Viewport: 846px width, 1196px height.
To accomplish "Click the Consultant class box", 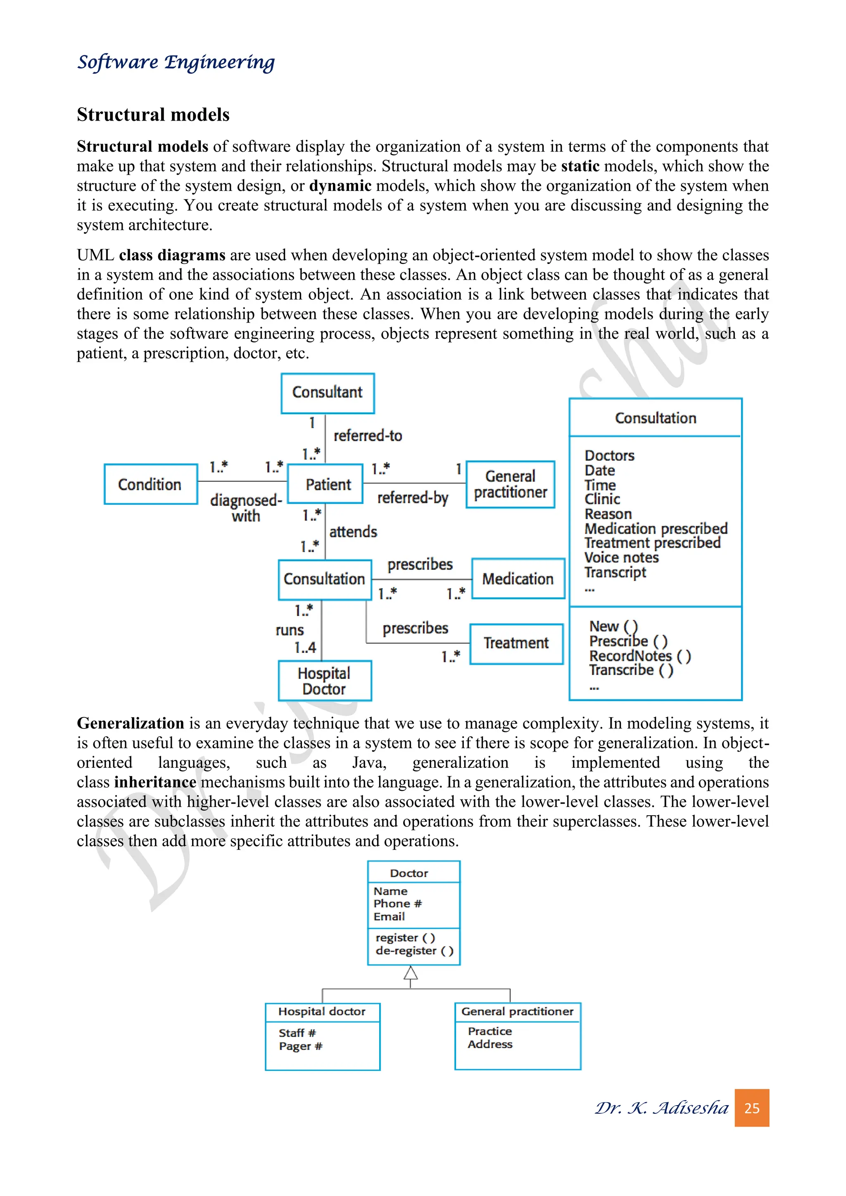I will coord(327,393).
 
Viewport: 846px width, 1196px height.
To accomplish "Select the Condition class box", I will coord(150,484).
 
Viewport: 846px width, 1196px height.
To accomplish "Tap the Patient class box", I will coord(326,484).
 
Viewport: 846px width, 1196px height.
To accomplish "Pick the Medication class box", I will coord(518,579).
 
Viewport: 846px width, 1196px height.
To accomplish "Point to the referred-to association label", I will coord(368,435).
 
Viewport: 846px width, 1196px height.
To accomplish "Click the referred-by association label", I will coord(413,498).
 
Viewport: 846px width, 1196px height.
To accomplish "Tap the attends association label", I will coord(353,532).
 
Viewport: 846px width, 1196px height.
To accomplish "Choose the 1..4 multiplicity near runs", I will coord(305,648).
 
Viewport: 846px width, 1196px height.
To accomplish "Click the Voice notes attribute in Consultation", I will coord(621,558).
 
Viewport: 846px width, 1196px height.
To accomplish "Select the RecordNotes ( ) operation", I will coord(640,656).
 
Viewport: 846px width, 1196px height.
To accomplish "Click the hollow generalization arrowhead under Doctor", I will coord(411,973).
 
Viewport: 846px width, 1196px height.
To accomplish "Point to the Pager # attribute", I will coord(301,1046).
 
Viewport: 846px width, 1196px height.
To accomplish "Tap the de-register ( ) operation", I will coord(414,951).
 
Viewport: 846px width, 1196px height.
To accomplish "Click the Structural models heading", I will coord(153,114).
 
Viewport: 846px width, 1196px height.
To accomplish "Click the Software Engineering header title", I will coord(176,62).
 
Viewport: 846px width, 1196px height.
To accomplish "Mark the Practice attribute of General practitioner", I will coord(490,1031).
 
